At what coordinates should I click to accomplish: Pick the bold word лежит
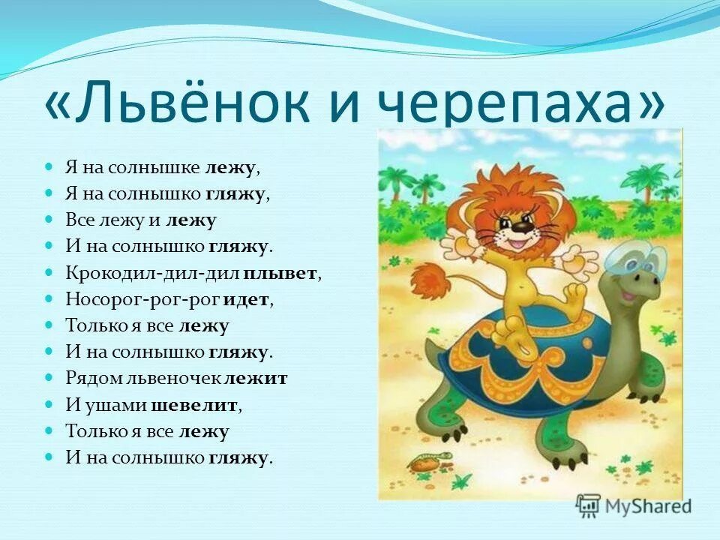[x=256, y=378]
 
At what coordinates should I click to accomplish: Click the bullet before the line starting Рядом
[x=49, y=378]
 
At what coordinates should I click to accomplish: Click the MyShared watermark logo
[x=634, y=506]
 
